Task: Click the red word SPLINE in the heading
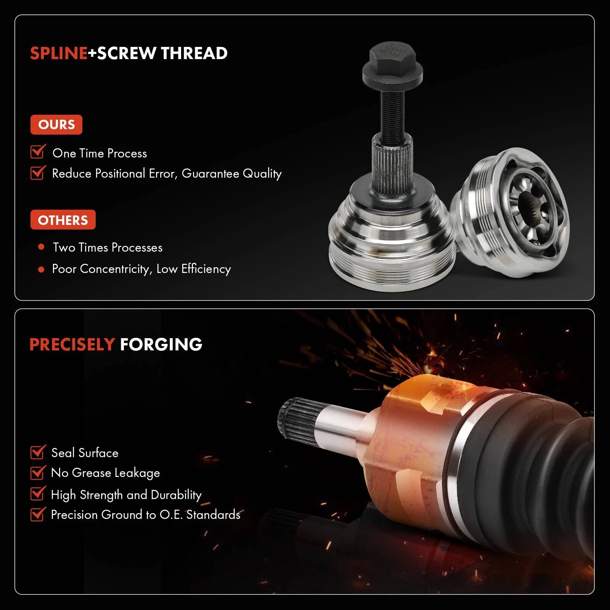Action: tap(59, 53)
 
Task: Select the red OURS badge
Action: tap(56, 125)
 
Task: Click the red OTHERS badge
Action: tap(63, 220)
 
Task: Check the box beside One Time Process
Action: tap(38, 151)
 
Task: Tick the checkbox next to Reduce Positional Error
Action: tap(38, 172)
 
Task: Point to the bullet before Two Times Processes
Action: tap(41, 247)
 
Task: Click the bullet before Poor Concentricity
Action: tap(41, 270)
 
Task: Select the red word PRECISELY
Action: tap(72, 345)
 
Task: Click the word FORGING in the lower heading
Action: tap(161, 345)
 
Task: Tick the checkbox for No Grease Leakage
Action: tap(38, 472)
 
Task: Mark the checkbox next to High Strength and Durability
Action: tap(38, 493)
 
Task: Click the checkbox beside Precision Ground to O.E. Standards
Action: tap(38, 514)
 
